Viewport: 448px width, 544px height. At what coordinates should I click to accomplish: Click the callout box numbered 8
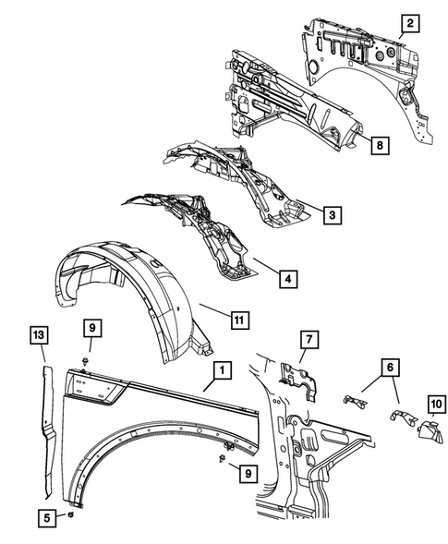(377, 144)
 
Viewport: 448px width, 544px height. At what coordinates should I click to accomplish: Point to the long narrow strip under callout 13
(46, 420)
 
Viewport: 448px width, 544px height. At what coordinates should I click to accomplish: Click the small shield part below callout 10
(428, 427)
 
